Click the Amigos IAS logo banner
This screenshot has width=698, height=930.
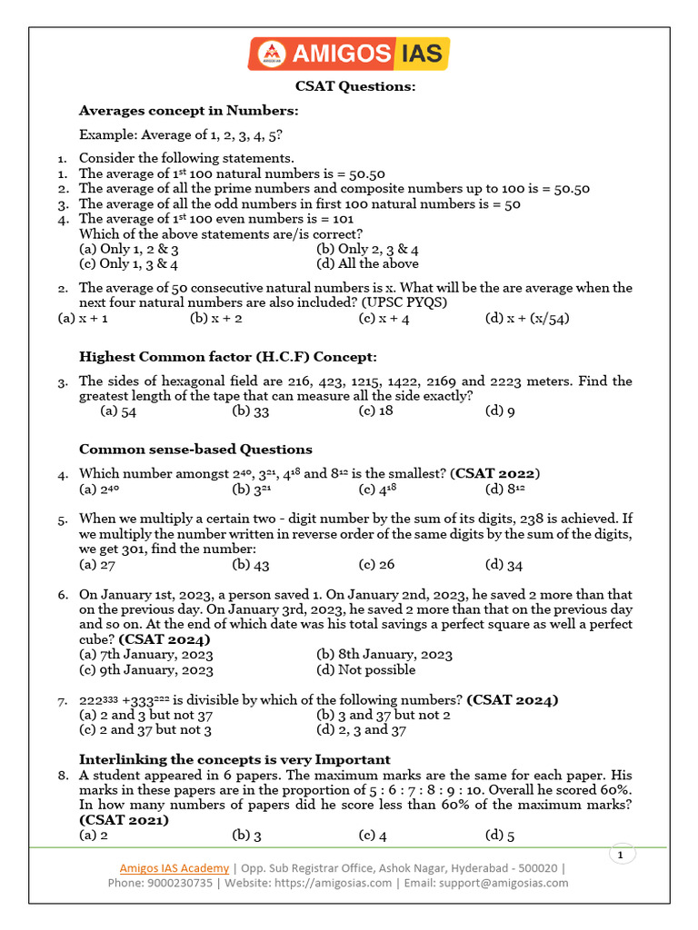[349, 54]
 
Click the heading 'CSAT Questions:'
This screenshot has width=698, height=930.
[355, 86]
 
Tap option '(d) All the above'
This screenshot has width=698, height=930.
[367, 264]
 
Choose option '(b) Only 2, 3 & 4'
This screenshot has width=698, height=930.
[367, 249]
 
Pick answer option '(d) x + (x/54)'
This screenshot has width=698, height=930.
[527, 319]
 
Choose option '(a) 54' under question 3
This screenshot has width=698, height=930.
[118, 411]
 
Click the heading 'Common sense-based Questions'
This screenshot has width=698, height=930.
[195, 450]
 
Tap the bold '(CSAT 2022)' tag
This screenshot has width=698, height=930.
[497, 473]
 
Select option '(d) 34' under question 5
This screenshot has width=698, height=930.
[504, 565]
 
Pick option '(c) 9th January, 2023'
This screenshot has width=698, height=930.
[146, 670]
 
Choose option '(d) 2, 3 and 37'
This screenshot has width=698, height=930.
[361, 730]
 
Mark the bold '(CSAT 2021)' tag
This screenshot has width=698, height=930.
[124, 820]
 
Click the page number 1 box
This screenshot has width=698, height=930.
[620, 856]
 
